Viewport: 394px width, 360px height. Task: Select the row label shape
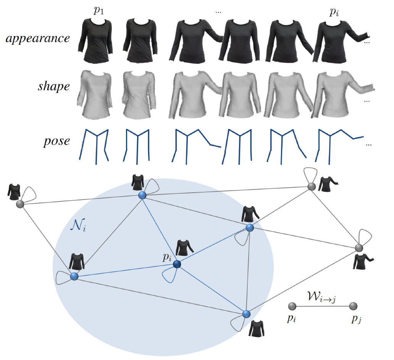(54, 87)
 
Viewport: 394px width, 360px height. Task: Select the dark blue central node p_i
(177, 264)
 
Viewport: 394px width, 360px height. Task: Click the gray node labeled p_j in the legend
(353, 306)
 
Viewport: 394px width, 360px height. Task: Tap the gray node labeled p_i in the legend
(292, 306)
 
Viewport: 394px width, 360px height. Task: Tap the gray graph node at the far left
(20, 204)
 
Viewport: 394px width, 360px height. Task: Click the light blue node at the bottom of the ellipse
(246, 314)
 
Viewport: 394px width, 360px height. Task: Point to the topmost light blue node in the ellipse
(142, 195)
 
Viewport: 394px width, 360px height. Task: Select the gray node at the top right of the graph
(312, 186)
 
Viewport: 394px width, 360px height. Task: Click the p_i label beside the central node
(167, 257)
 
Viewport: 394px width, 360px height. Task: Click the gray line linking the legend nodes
(323, 306)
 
